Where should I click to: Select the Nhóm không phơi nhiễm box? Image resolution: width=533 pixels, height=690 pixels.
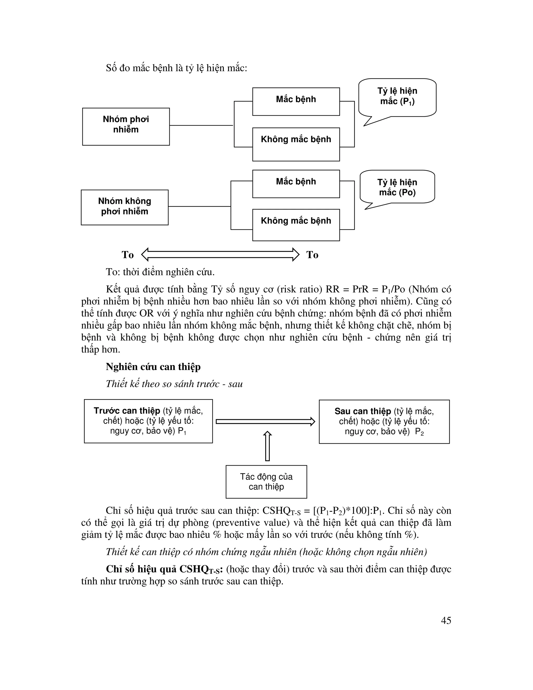pos(124,207)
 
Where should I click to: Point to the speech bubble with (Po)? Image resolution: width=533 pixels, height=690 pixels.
pos(397,187)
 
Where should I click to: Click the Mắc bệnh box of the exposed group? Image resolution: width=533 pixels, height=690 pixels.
pos(296,101)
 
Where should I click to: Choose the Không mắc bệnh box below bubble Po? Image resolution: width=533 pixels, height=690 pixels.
pos(296,225)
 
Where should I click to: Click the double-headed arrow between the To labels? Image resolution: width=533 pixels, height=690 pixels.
pos(220,255)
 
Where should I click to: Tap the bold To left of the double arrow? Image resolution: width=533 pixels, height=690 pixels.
pos(128,255)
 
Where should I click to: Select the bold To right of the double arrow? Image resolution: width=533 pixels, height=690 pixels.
pos(312,255)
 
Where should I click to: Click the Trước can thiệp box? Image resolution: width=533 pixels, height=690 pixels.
pos(148,421)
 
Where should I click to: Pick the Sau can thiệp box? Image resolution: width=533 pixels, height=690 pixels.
pos(384,422)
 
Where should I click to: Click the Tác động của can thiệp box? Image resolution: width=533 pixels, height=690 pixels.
pos(266,481)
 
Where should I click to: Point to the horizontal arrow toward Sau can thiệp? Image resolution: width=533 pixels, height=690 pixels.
pos(265,422)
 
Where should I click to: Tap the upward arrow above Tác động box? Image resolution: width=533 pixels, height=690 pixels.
pos(268,446)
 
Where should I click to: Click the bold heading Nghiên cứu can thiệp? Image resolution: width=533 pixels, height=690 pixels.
pos(153,367)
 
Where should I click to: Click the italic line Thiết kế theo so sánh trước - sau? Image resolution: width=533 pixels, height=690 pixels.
pos(174,384)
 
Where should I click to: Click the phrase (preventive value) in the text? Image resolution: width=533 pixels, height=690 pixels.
pos(251,523)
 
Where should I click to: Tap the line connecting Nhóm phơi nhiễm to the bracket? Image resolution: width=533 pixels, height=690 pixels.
pos(201,126)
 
